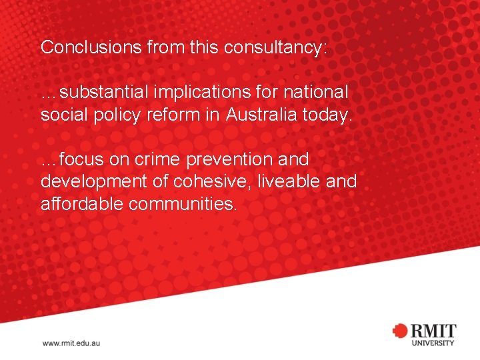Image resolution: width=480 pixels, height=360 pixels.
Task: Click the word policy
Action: pyautogui.click(x=117, y=114)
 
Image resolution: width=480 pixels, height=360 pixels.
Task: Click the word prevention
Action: pyautogui.click(x=231, y=159)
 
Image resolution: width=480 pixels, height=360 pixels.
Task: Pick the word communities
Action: pyautogui.click(x=182, y=204)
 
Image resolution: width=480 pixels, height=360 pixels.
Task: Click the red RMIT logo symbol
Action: pyautogui.click(x=399, y=331)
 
